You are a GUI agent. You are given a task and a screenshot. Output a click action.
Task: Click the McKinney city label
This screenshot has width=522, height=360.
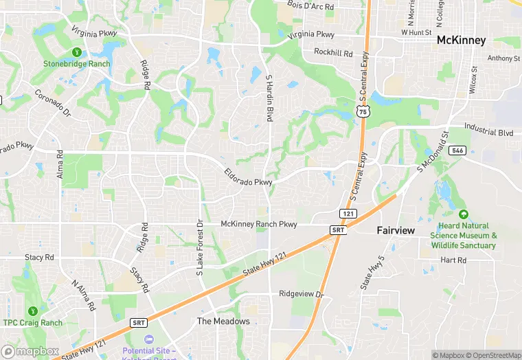(462, 41)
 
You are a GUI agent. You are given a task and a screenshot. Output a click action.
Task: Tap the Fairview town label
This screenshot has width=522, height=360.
(396, 231)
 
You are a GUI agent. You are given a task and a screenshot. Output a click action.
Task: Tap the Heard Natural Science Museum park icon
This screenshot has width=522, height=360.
(463, 215)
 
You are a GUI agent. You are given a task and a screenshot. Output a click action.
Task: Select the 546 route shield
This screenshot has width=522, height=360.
(459, 150)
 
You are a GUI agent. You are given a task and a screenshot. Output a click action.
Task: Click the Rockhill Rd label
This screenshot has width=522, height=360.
(333, 53)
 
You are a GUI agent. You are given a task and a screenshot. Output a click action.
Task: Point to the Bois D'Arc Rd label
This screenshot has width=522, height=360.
(310, 6)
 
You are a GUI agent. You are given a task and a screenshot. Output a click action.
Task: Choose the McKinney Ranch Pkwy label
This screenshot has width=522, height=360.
(259, 224)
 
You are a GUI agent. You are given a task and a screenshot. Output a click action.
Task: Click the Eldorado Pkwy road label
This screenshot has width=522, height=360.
(248, 177)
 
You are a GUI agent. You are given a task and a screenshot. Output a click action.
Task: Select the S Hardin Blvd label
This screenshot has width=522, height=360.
(270, 98)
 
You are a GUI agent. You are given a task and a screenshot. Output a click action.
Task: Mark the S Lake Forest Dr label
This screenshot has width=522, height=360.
(201, 247)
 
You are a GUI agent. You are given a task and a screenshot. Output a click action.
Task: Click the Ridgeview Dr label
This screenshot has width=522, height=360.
(301, 294)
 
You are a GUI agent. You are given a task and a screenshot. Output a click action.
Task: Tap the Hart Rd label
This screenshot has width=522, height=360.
(453, 260)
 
